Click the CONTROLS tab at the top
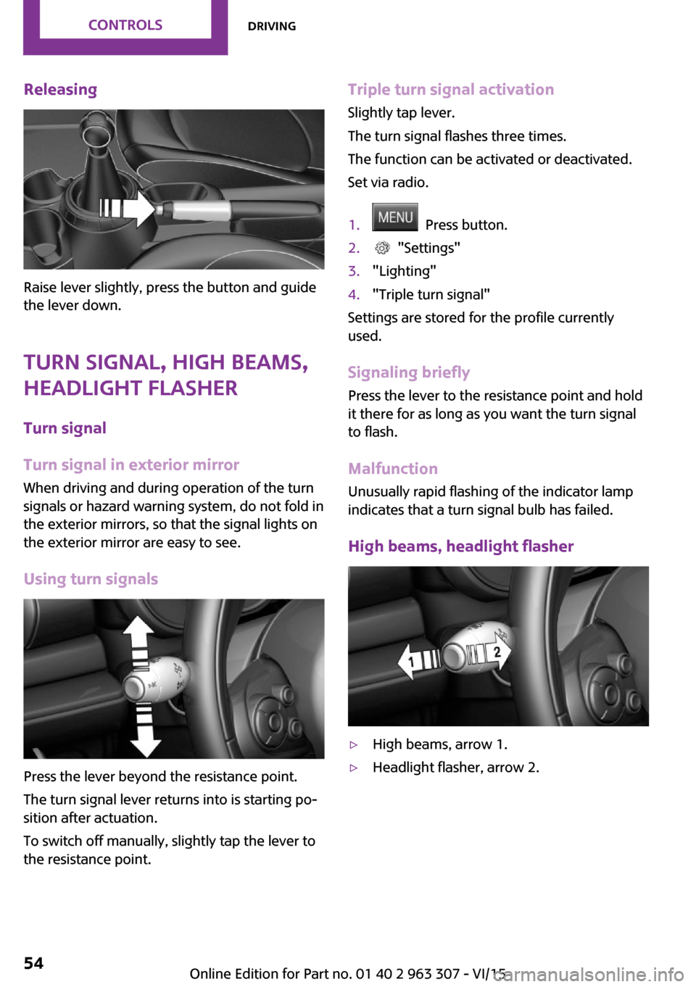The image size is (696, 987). pos(125,25)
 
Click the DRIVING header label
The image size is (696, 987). pos(272,26)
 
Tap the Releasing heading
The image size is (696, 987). pos(60,90)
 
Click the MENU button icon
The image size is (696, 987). pos(395,217)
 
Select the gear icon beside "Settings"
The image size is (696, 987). pos(382,248)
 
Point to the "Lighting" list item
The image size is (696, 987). pos(404,271)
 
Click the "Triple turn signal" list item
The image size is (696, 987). pos(431,294)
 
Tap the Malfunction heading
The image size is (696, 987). pos(392,469)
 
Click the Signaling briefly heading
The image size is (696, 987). pos(408,372)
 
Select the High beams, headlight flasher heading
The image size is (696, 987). pos(460,546)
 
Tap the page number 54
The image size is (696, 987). pos(33,963)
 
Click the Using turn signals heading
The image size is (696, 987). pos(91,579)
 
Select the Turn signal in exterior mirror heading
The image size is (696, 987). pos(131,465)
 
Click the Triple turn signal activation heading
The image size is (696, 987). pos(450,90)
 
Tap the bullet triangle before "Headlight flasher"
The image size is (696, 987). pos(354,767)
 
